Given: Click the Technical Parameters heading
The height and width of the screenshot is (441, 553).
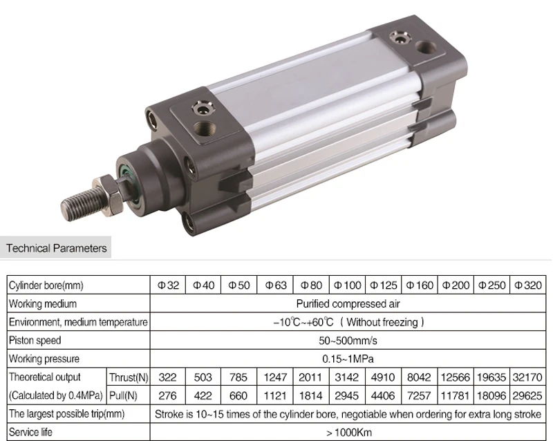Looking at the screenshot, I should point(57,247).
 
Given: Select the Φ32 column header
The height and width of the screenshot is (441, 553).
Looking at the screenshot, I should point(168,285).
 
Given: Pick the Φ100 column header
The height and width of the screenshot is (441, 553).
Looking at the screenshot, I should point(347,285).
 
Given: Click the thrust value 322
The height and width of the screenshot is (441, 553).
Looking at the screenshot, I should point(168,377).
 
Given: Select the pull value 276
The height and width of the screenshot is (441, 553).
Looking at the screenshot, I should point(168,396).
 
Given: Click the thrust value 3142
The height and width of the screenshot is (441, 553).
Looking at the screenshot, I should point(347,377).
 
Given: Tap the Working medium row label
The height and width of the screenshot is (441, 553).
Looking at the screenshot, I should point(43,303).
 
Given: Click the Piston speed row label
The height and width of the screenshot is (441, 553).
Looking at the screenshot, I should point(35,340).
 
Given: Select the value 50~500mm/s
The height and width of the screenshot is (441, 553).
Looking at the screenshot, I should point(348,341).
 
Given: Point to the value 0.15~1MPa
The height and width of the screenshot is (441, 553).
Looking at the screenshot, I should point(348,359).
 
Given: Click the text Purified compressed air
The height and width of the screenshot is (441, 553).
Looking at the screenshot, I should point(348,303).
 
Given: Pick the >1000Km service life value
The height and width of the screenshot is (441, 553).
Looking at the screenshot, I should point(348,433).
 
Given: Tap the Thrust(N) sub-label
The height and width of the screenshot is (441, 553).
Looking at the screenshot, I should point(129,377).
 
